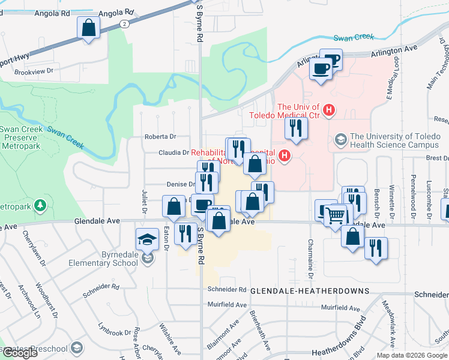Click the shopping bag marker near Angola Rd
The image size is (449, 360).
(x=88, y=28)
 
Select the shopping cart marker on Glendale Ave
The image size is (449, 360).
(x=336, y=214)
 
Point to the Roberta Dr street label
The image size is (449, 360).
(x=160, y=137)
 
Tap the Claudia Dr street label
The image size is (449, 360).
(x=173, y=153)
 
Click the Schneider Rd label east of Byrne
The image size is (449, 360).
(x=227, y=289)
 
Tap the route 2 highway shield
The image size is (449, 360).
(x=124, y=23)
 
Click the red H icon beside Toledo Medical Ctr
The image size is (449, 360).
(x=329, y=110)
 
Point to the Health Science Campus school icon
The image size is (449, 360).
(x=341, y=140)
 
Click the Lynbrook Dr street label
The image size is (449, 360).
(x=115, y=332)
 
